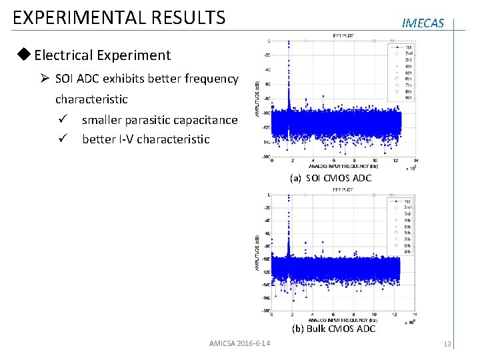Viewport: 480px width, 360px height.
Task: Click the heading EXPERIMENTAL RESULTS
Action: point(119,17)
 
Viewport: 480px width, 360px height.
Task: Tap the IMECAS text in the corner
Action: point(423,23)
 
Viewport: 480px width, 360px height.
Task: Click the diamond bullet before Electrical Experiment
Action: point(25,55)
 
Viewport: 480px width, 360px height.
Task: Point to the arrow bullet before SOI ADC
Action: point(45,79)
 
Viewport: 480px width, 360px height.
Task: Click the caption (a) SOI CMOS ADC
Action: point(330,178)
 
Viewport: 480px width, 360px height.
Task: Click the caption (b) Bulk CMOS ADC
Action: point(333,329)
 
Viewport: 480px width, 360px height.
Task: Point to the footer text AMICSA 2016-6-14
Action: point(239,343)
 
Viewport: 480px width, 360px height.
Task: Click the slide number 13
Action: point(447,344)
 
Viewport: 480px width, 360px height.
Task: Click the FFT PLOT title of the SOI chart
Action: point(343,35)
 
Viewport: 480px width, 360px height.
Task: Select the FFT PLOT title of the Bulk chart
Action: point(343,190)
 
